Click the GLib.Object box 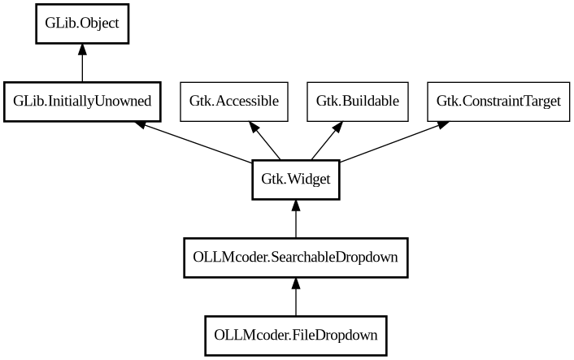[82, 23]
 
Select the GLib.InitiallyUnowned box [82, 102]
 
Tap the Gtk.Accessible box [234, 102]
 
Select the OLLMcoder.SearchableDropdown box [295, 257]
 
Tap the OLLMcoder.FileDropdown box [295, 334]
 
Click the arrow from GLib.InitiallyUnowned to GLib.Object [82, 64]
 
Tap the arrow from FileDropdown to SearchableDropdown [295, 297]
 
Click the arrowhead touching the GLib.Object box [82, 50]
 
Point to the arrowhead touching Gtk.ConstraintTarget [443, 124]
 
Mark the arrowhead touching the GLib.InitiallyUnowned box [141, 124]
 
